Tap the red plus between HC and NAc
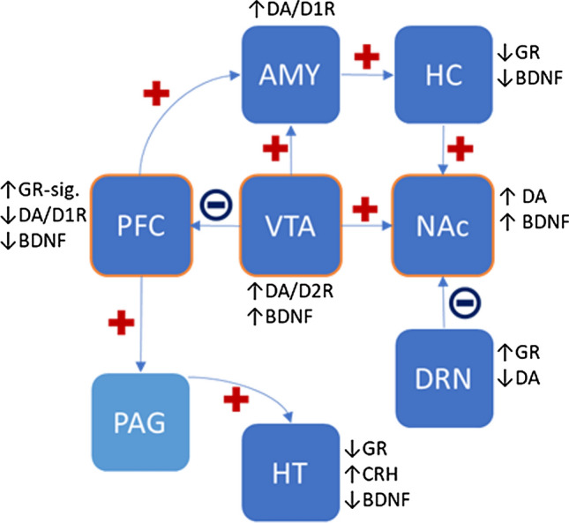[459, 146]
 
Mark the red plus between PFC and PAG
[121, 323]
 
